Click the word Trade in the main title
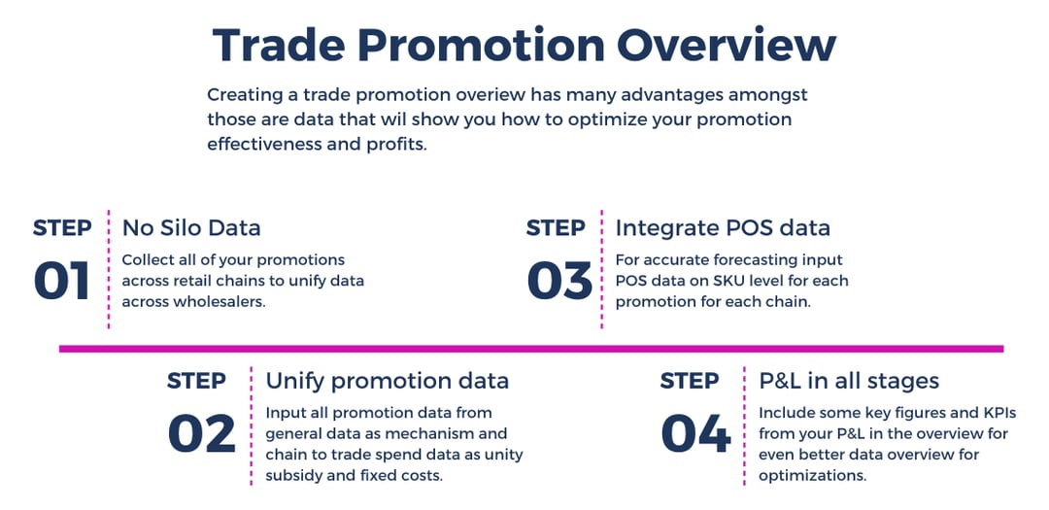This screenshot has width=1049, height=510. click(x=272, y=45)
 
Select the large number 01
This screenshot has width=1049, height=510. click(x=62, y=281)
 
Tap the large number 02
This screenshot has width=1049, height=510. click(x=201, y=433)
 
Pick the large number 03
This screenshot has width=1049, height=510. click(x=558, y=281)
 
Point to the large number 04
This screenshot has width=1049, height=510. click(x=694, y=433)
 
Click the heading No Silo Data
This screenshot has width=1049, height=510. click(x=191, y=228)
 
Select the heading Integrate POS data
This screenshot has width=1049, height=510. click(x=723, y=228)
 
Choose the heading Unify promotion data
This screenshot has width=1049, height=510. click(x=387, y=380)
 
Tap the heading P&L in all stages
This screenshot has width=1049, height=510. click(x=848, y=380)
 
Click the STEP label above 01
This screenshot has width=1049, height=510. click(x=63, y=228)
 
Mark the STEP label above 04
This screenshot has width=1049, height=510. click(x=690, y=380)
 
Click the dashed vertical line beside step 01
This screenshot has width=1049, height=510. click(x=108, y=269)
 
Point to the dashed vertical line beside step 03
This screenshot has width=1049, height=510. click(x=602, y=269)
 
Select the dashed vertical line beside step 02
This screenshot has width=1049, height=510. click(x=252, y=425)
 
